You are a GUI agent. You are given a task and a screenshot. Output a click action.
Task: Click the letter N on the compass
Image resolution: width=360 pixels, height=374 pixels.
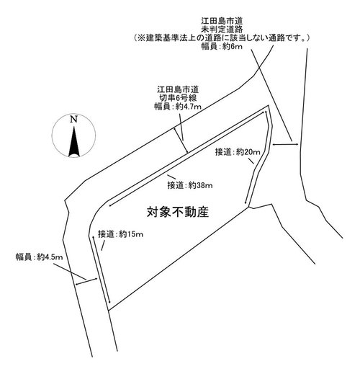pos(73,120)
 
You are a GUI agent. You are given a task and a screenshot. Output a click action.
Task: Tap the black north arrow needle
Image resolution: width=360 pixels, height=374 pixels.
pos(74,142)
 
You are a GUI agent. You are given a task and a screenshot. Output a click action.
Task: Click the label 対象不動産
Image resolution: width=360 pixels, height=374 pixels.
pos(178,212)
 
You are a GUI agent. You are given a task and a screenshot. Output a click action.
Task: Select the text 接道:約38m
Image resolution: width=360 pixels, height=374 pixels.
pos(190,185)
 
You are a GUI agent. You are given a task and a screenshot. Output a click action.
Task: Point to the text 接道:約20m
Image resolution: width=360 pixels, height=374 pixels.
pos(238,152)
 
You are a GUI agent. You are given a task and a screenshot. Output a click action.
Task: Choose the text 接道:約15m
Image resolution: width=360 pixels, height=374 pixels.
pos(120,234)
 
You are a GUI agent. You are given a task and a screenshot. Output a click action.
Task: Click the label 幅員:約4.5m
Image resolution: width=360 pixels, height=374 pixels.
pos(40,257)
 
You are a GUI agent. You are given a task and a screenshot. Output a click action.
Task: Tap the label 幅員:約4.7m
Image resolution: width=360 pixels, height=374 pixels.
pos(178,106)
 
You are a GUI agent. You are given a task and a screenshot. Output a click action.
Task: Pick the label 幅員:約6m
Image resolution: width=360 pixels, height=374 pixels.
pos(222,46)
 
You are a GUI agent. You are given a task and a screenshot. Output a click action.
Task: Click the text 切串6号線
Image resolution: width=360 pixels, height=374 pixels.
pos(178,98)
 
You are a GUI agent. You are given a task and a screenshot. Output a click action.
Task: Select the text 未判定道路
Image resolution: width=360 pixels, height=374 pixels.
pos(222,30)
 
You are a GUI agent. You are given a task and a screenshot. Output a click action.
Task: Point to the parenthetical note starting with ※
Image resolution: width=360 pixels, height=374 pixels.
pos(222,38)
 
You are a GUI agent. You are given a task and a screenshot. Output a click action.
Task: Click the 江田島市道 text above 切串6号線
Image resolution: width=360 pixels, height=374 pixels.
pos(178,89)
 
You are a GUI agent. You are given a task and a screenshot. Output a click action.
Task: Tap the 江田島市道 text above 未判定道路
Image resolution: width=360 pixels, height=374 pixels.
pos(222,21)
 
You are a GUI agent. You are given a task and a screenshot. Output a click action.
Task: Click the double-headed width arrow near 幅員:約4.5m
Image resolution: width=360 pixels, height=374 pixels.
pos(86,281)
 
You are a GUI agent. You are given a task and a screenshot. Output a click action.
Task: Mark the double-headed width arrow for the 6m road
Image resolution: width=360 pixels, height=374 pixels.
pos(285,144)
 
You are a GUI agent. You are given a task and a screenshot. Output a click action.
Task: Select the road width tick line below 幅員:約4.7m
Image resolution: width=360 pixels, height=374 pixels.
pos(181,141)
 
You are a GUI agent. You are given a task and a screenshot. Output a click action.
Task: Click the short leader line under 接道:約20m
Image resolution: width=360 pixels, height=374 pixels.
pos(251,161)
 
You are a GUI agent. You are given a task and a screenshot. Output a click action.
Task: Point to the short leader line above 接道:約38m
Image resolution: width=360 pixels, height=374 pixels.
pos(171,177)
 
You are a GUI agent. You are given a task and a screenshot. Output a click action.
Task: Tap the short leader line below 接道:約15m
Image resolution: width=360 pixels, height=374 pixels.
pos(103,246)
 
